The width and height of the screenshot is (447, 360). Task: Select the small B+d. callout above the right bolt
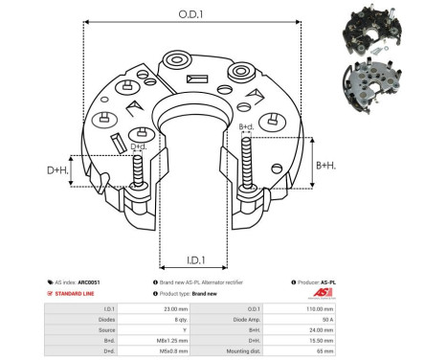pyautogui.click(x=245, y=126)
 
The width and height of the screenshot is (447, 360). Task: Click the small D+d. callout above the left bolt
pyautogui.click(x=138, y=146)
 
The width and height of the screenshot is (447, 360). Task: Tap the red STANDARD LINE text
pyautogui.click(x=73, y=294)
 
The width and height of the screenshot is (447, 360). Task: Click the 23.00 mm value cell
pyautogui.click(x=178, y=307)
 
